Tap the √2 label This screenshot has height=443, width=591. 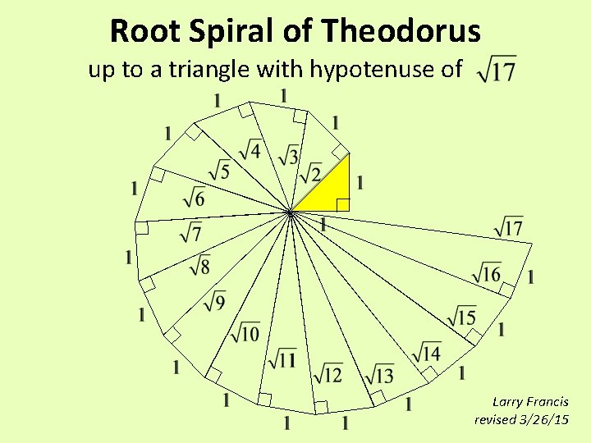click(309, 175)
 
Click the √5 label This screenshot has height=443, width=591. click(218, 171)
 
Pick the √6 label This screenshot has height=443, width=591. click(194, 198)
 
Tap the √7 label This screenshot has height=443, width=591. click(190, 232)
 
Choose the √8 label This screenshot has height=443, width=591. click(199, 266)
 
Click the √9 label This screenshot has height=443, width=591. click(214, 302)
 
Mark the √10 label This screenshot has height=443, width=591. click(245, 332)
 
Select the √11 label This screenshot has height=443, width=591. click(282, 359)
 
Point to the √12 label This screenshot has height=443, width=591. click(328, 375)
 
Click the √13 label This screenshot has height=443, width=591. click(379, 375)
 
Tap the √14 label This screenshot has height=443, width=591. click(426, 353)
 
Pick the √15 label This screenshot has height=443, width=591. click(461, 316)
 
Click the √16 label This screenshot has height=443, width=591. click(486, 274)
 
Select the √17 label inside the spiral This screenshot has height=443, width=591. click(509, 226)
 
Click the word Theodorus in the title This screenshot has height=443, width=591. click(401, 31)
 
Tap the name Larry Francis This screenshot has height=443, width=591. click(529, 401)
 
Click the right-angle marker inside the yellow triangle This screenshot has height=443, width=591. click(343, 204)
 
